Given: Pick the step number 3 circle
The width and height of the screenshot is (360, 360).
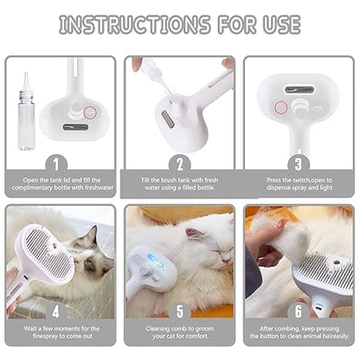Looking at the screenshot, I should (299, 163).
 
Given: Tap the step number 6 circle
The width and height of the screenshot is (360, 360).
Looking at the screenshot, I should (299, 310).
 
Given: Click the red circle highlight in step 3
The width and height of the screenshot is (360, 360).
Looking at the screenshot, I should (281, 107).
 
